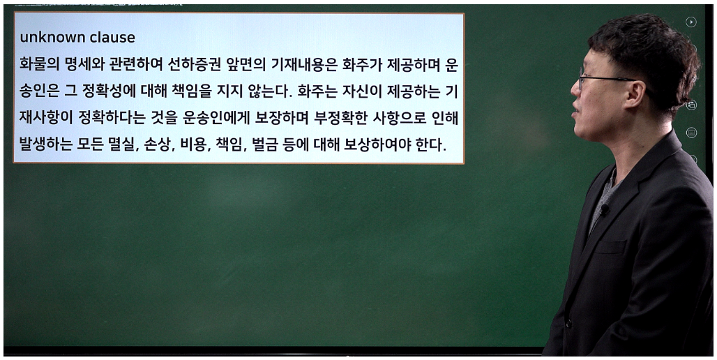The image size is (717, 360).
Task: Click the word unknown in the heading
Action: pos(48,38)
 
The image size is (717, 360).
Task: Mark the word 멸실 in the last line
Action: pos(123,145)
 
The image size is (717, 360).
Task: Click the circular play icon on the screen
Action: pos(691,22)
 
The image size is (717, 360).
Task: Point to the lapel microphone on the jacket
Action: pos(604,210)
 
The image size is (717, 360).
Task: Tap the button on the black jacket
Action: pos(568,324)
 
